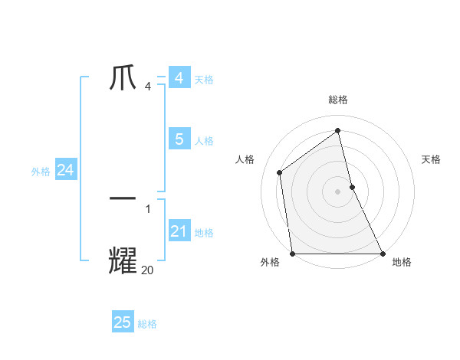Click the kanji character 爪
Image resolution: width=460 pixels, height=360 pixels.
tap(123, 78)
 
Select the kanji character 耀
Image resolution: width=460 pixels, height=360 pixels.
tap(123, 260)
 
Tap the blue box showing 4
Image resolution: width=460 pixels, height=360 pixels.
tap(179, 78)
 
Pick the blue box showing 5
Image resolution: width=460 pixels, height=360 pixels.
tap(179, 139)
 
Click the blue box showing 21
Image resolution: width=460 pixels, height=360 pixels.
tap(179, 231)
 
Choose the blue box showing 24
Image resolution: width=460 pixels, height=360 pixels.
tap(65, 171)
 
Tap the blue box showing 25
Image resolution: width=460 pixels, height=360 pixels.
tap(123, 322)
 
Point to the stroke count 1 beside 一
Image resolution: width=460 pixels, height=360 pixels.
tap(148, 208)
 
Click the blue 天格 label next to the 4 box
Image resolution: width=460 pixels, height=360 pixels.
tap(204, 79)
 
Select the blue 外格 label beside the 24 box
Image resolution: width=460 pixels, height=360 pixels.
tap(41, 172)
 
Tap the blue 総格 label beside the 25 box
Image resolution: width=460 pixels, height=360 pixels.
tap(147, 324)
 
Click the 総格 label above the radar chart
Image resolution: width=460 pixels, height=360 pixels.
tap(337, 100)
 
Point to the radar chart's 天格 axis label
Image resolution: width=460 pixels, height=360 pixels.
tap(431, 159)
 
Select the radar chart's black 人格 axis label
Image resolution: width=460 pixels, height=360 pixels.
tap(245, 159)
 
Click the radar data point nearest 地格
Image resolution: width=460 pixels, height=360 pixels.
tap(382, 254)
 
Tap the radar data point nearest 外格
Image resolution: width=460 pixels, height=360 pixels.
tap(292, 254)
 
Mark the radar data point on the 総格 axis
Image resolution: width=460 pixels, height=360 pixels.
tap(337, 130)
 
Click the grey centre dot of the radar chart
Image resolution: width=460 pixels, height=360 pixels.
tap(337, 191)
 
